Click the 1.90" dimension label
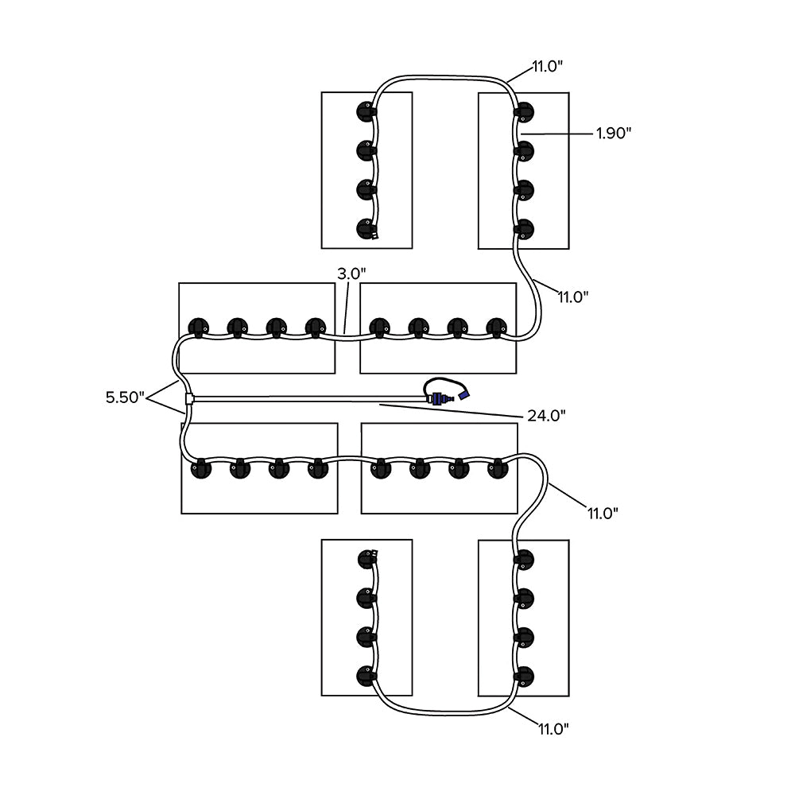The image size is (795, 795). (x=613, y=134)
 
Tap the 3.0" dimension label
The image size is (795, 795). (x=351, y=273)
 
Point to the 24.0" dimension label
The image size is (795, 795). (x=547, y=415)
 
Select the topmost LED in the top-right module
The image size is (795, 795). (x=523, y=111)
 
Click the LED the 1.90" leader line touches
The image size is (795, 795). (x=523, y=149)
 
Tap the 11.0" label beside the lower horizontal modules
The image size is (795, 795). (x=602, y=513)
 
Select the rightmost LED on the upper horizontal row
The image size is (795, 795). (x=496, y=327)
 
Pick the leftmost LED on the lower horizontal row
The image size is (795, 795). (x=199, y=468)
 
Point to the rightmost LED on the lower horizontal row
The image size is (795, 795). (x=498, y=468)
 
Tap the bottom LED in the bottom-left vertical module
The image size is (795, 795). (x=366, y=677)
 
